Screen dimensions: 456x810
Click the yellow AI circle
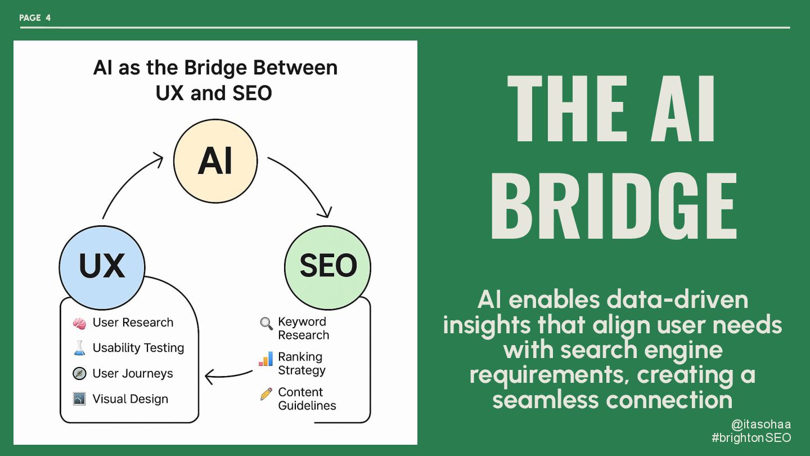pyautogui.click(x=215, y=161)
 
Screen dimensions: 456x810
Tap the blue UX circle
pyautogui.click(x=102, y=266)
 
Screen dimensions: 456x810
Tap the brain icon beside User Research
pyautogui.click(x=79, y=323)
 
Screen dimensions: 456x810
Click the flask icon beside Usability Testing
pyautogui.click(x=79, y=348)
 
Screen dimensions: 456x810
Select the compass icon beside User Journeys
pyautogui.click(x=79, y=374)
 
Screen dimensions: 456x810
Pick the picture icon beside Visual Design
pyautogui.click(x=79, y=399)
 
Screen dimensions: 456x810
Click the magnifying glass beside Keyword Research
pyautogui.click(x=266, y=323)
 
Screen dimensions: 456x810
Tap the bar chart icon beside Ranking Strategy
pyautogui.click(x=265, y=359)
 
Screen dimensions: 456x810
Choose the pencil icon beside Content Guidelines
pyautogui.click(x=266, y=394)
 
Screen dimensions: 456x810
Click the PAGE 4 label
pyautogui.click(x=35, y=18)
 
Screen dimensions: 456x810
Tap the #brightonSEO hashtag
pyautogui.click(x=751, y=438)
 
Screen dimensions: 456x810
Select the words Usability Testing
pyautogui.click(x=138, y=348)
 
